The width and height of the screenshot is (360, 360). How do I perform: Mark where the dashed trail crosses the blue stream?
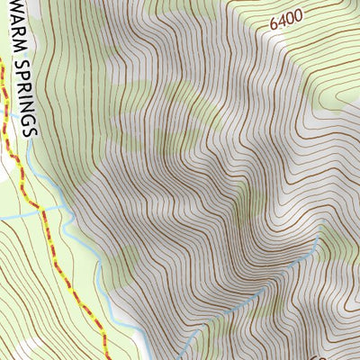[38, 209]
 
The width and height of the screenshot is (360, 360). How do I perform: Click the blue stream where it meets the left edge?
[2, 218]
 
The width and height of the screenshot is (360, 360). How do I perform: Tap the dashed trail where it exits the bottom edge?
[106, 357]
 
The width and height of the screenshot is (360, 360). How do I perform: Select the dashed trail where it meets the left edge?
[2, 67]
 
